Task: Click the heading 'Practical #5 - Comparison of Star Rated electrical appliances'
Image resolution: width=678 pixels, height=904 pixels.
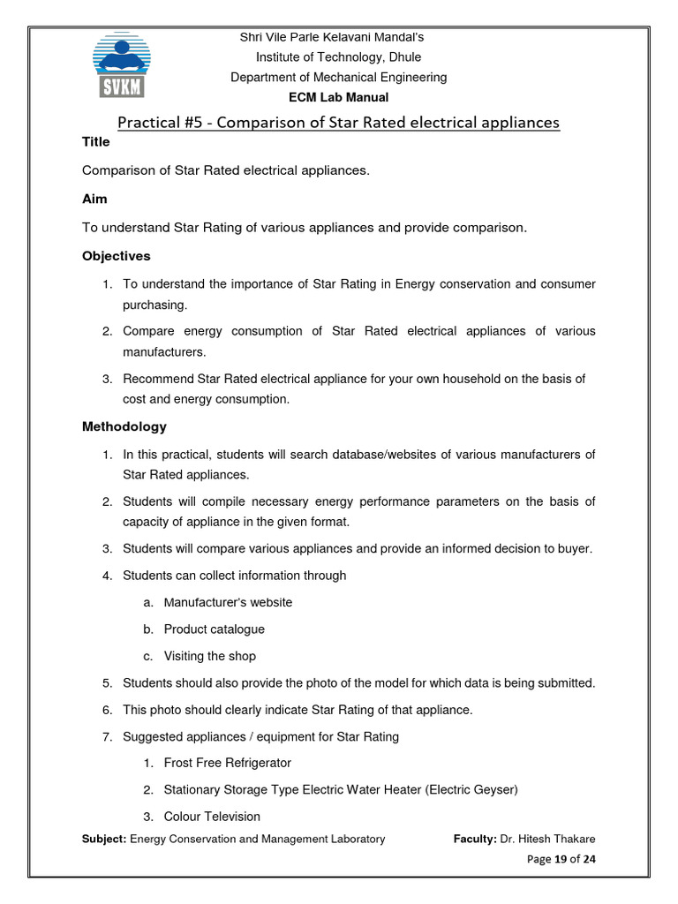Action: tap(338, 122)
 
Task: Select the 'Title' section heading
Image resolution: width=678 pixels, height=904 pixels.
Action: tap(96, 142)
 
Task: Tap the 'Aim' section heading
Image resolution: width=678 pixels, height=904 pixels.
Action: tap(94, 200)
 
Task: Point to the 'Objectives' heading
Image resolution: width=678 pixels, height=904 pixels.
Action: tap(117, 256)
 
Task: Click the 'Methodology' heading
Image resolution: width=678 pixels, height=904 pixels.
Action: tap(124, 426)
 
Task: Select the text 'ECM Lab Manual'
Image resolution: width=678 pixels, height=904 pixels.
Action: tap(338, 97)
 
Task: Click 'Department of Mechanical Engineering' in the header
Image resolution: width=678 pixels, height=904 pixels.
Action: tap(338, 77)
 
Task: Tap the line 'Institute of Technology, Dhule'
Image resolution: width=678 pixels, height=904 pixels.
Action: tap(338, 57)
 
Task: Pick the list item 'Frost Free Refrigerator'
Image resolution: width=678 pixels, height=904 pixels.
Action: tap(227, 762)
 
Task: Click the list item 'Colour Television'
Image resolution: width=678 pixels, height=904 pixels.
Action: tap(212, 817)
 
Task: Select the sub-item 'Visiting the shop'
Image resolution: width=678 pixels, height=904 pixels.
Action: tap(210, 656)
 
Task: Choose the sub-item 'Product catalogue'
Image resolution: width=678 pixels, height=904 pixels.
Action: tap(214, 629)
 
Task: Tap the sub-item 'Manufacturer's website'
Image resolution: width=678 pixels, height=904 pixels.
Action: tap(228, 602)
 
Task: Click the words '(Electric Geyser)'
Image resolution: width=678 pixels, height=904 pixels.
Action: tap(472, 789)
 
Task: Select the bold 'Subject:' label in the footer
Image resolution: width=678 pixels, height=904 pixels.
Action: tap(104, 839)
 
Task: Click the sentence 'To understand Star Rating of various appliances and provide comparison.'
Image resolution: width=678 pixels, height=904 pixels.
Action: tap(305, 228)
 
